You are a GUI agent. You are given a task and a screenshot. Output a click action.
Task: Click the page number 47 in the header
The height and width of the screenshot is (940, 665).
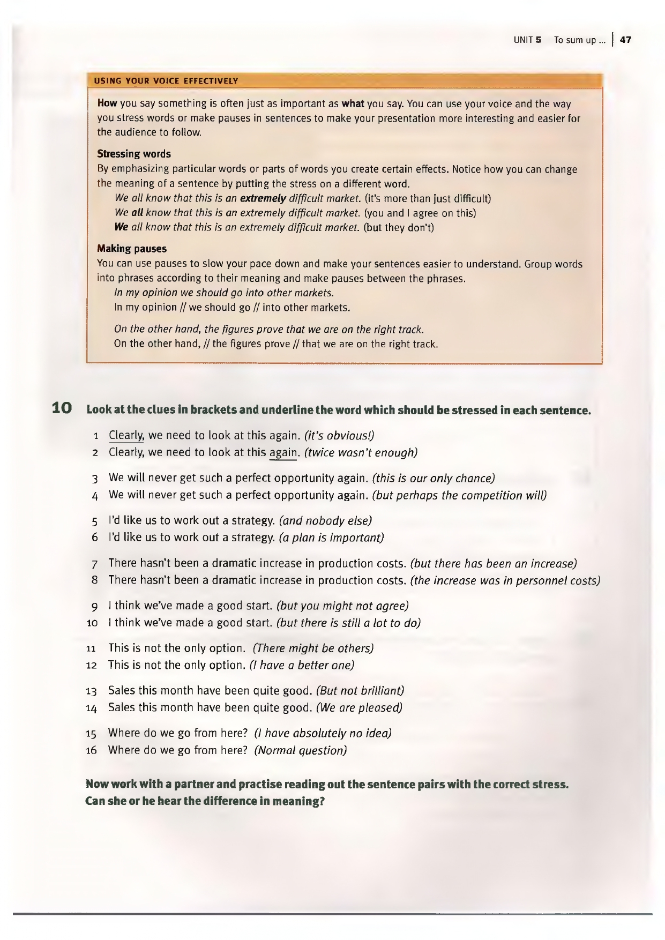pyautogui.click(x=625, y=40)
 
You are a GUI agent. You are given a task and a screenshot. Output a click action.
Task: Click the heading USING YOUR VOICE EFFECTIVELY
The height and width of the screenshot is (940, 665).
pyautogui.click(x=166, y=81)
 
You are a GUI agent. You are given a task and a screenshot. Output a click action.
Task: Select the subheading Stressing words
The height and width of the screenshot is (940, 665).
pyautogui.click(x=134, y=154)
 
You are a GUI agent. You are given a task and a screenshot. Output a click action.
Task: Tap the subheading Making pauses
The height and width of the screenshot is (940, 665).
pyautogui.click(x=132, y=249)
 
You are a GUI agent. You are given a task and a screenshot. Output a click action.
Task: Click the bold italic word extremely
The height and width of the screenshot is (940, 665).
pyautogui.click(x=263, y=199)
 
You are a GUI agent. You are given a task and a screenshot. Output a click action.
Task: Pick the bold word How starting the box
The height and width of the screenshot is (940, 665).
pyautogui.click(x=107, y=103)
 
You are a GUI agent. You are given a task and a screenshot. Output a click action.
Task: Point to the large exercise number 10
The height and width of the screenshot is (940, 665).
pyautogui.click(x=62, y=408)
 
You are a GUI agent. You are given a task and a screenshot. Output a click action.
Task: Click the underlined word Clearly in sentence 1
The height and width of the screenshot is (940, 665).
pyautogui.click(x=126, y=436)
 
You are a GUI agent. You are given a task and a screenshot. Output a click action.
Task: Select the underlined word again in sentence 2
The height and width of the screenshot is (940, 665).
pyautogui.click(x=282, y=452)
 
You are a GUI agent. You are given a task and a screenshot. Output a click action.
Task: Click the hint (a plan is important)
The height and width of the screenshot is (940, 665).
pyautogui.click(x=331, y=538)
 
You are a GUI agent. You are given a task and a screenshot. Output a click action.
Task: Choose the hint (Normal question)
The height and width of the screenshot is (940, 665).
pyautogui.click(x=301, y=750)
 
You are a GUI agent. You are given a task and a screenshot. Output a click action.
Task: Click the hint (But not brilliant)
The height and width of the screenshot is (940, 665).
pyautogui.click(x=360, y=691)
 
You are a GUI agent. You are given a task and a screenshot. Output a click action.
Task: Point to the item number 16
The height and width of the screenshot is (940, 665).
pyautogui.click(x=92, y=750)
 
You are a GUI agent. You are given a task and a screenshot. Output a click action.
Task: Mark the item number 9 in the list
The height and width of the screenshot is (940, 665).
pyautogui.click(x=94, y=607)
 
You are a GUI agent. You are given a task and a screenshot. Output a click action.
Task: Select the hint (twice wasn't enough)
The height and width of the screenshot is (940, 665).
pyautogui.click(x=361, y=453)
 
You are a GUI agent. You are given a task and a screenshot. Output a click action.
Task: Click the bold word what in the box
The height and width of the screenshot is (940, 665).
pyautogui.click(x=353, y=103)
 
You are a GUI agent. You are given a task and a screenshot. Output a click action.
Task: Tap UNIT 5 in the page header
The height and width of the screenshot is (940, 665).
pyautogui.click(x=528, y=40)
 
